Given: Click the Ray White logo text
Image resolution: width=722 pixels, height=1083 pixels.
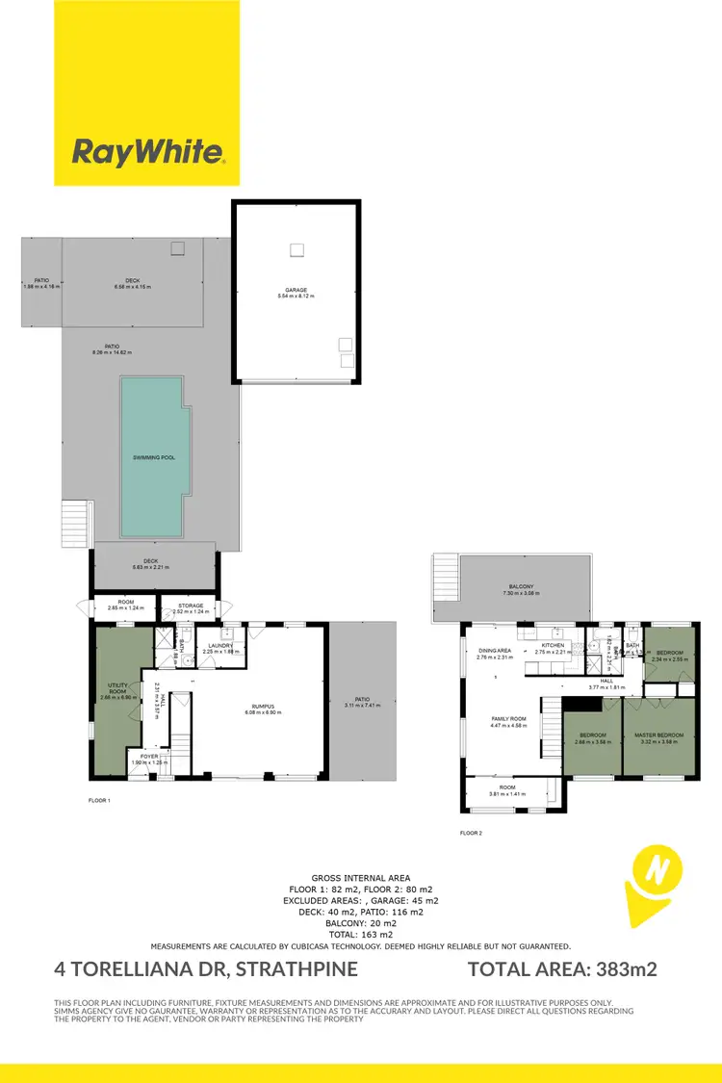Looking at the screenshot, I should pos(148,151).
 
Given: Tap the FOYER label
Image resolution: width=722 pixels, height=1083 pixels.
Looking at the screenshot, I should pos(149,757).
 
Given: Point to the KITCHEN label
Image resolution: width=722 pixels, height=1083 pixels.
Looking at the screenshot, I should pos(552,646).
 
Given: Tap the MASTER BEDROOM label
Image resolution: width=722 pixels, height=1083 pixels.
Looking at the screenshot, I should pos(658,735).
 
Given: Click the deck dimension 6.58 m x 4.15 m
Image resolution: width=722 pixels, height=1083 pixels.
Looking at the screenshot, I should pos(133,287).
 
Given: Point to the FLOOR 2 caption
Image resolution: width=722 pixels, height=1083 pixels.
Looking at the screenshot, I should pos(474,834).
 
